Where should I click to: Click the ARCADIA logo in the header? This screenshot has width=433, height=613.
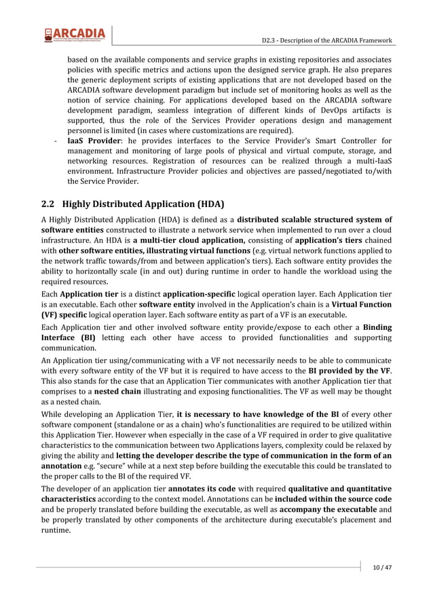point(75,35)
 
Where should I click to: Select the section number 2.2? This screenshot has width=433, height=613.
point(48,204)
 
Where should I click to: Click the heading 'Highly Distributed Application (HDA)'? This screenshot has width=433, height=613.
point(143,204)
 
